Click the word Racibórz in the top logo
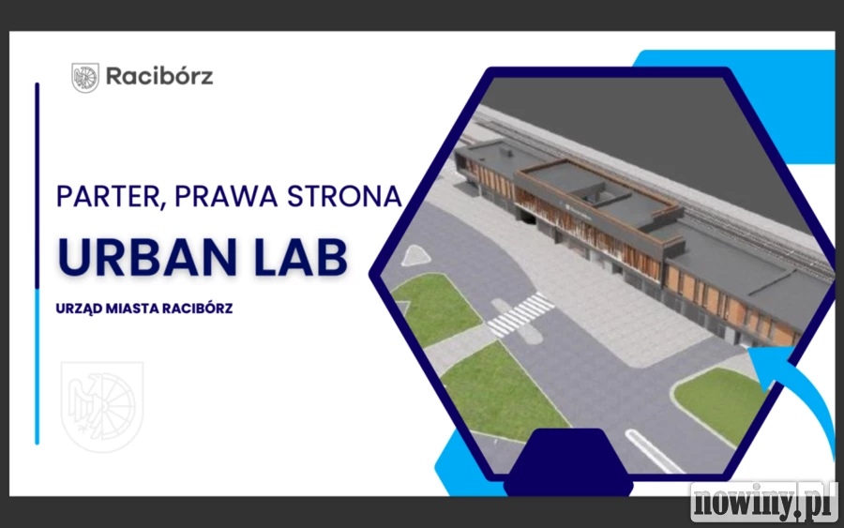click(x=159, y=76)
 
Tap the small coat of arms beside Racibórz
click(x=85, y=78)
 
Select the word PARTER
click(x=108, y=196)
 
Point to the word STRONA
click(x=344, y=196)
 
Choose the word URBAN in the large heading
click(x=146, y=257)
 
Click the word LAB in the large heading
click(x=300, y=257)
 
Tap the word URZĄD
click(x=79, y=309)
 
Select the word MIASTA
click(x=132, y=309)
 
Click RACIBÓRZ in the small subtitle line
click(x=198, y=309)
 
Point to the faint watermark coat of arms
click(x=101, y=406)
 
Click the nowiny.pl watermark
click(x=764, y=502)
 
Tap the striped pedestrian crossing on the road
click(x=520, y=315)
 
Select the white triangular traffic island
click(x=415, y=256)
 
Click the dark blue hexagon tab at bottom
click(x=568, y=461)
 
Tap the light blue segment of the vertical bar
click(x=38, y=367)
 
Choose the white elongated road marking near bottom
click(x=653, y=452)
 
